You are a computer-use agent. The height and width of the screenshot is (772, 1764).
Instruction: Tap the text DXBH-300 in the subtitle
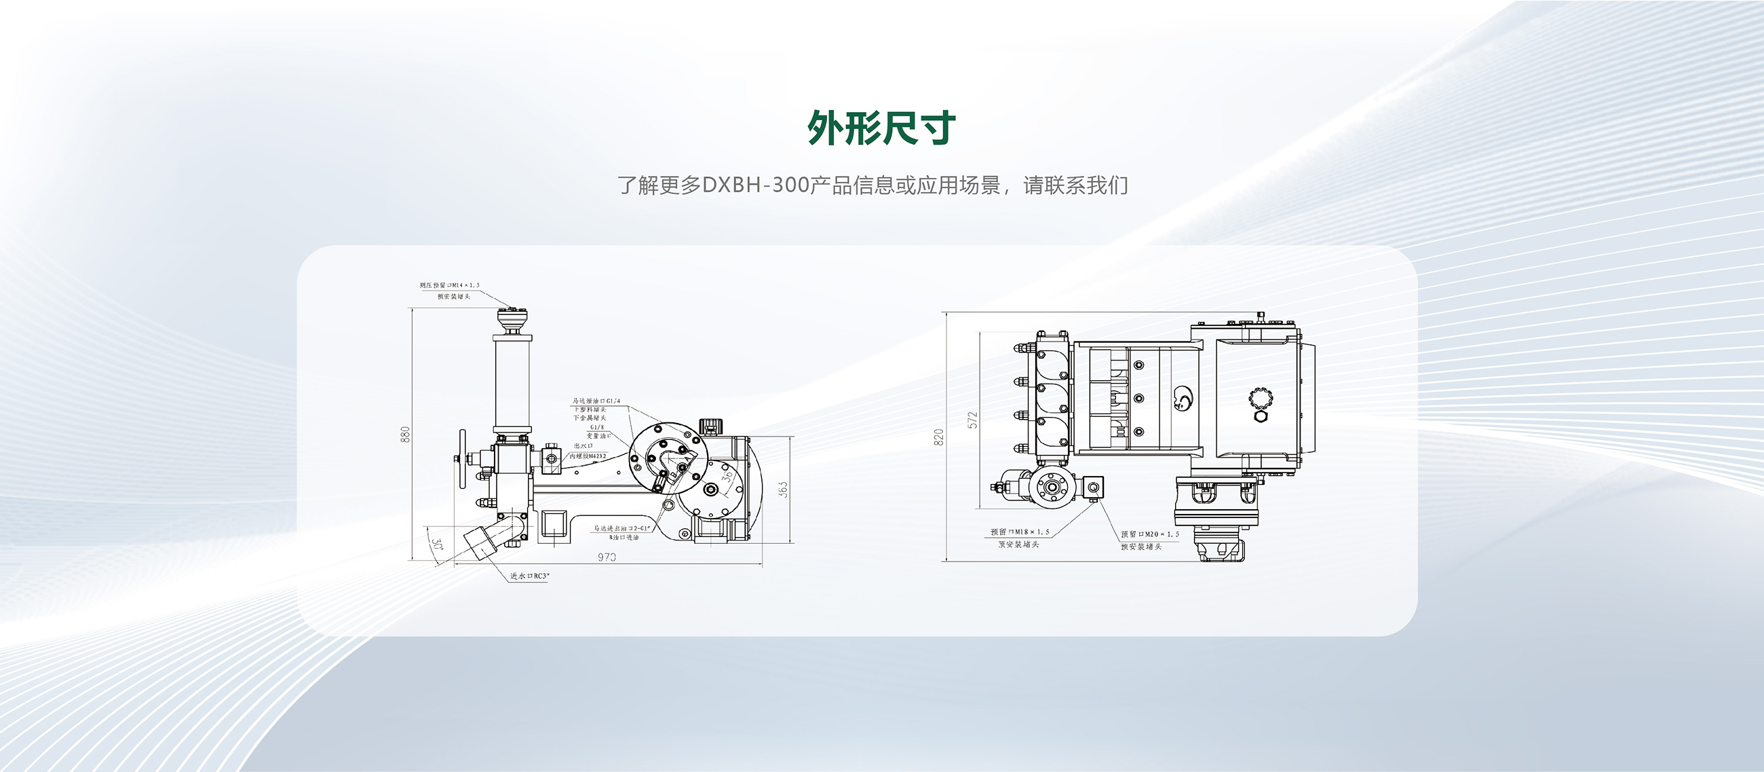tap(755, 185)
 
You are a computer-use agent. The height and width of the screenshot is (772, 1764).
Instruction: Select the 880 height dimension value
tap(406, 435)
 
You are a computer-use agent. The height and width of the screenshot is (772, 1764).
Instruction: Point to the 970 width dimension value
tap(607, 557)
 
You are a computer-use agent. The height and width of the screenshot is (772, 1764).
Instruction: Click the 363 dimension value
tap(783, 489)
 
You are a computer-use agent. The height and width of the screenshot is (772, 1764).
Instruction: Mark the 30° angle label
tap(436, 546)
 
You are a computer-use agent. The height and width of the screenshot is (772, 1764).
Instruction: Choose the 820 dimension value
tap(939, 437)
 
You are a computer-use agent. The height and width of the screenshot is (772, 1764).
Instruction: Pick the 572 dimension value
tap(972, 420)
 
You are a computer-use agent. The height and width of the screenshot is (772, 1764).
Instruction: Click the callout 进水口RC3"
tap(529, 576)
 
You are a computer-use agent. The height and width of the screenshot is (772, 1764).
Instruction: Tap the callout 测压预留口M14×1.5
tap(449, 285)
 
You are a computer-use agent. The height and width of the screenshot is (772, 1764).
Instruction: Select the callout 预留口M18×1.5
tap(1020, 532)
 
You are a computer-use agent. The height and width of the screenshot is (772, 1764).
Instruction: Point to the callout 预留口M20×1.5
tap(1150, 534)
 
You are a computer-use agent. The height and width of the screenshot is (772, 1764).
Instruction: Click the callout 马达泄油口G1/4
tap(596, 401)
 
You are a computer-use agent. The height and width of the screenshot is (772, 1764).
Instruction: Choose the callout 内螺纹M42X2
tap(588, 456)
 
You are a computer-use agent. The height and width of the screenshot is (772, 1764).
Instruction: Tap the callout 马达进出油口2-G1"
tap(621, 528)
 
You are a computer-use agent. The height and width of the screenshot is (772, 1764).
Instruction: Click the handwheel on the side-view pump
tap(463, 459)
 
